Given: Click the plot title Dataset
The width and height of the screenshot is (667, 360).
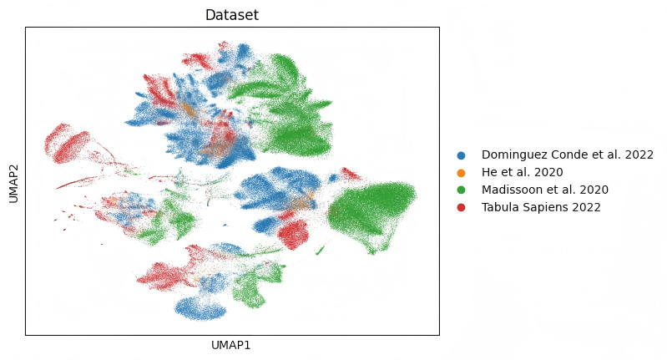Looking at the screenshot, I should [232, 15].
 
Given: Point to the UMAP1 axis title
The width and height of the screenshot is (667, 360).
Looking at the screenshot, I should [232, 344].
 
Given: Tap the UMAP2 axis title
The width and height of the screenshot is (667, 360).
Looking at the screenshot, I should [13, 181].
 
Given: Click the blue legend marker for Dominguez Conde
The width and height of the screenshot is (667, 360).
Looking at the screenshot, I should [461, 155].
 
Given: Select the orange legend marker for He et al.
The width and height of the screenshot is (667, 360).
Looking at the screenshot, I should [461, 173].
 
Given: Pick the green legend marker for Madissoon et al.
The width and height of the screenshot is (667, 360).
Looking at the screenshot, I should [461, 190].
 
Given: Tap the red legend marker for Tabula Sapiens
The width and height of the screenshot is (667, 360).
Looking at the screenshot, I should [461, 207].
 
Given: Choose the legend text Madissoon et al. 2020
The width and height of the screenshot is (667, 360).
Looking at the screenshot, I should [545, 190].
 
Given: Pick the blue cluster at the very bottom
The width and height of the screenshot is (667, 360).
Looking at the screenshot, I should [201, 309].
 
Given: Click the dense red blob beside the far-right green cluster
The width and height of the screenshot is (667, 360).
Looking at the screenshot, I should [293, 233].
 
